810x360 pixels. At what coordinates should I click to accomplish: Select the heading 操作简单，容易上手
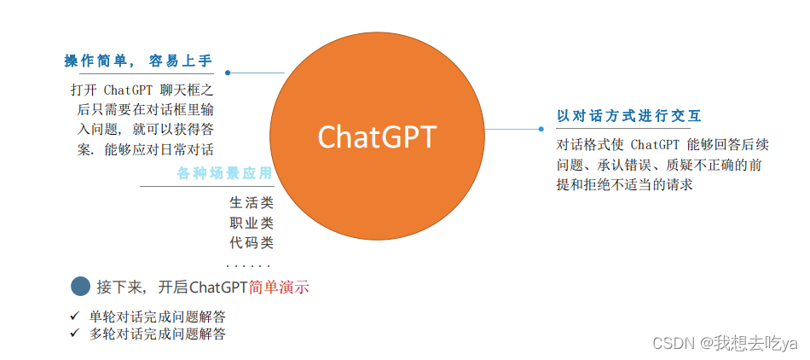[138, 61]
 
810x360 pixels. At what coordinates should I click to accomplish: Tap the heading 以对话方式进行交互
[629, 116]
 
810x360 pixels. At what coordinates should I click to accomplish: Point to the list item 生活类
[251, 203]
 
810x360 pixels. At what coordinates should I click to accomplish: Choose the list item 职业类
[251, 223]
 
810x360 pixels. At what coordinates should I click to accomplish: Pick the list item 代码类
[251, 242]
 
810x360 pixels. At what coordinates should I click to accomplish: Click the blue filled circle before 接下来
[79, 287]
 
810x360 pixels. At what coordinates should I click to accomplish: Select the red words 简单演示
[279, 287]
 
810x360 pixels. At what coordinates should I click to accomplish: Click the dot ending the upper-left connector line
[228, 73]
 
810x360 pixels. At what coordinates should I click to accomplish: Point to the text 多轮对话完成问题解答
[158, 334]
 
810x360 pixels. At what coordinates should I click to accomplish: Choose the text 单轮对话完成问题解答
[158, 316]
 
